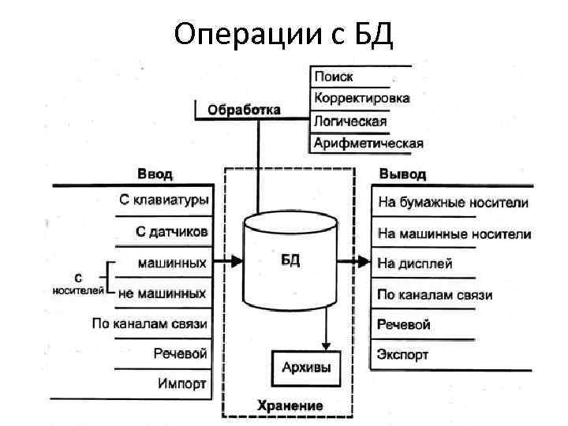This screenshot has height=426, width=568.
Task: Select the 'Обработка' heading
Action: click(244, 110)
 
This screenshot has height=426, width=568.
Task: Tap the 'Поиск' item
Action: click(334, 77)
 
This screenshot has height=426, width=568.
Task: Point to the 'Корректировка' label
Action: click(362, 99)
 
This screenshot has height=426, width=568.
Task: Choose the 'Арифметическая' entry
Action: click(368, 143)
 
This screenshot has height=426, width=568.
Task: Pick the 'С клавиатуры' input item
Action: click(164, 200)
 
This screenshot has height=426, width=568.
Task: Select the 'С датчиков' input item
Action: click(171, 232)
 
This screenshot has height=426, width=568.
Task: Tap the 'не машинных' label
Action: click(162, 293)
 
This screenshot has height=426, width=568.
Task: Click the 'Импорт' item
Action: click(182, 383)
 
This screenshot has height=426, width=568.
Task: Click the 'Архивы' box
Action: click(306, 368)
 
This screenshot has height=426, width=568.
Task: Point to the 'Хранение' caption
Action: click(290, 405)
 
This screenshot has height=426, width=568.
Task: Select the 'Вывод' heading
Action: click(402, 174)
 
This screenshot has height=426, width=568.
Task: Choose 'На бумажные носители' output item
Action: click(454, 203)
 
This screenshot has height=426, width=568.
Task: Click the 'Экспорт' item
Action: click(402, 354)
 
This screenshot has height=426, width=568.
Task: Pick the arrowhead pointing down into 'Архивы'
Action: click(327, 343)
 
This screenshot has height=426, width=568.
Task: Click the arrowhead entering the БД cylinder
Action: click(237, 261)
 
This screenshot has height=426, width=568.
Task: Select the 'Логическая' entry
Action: click(350, 121)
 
